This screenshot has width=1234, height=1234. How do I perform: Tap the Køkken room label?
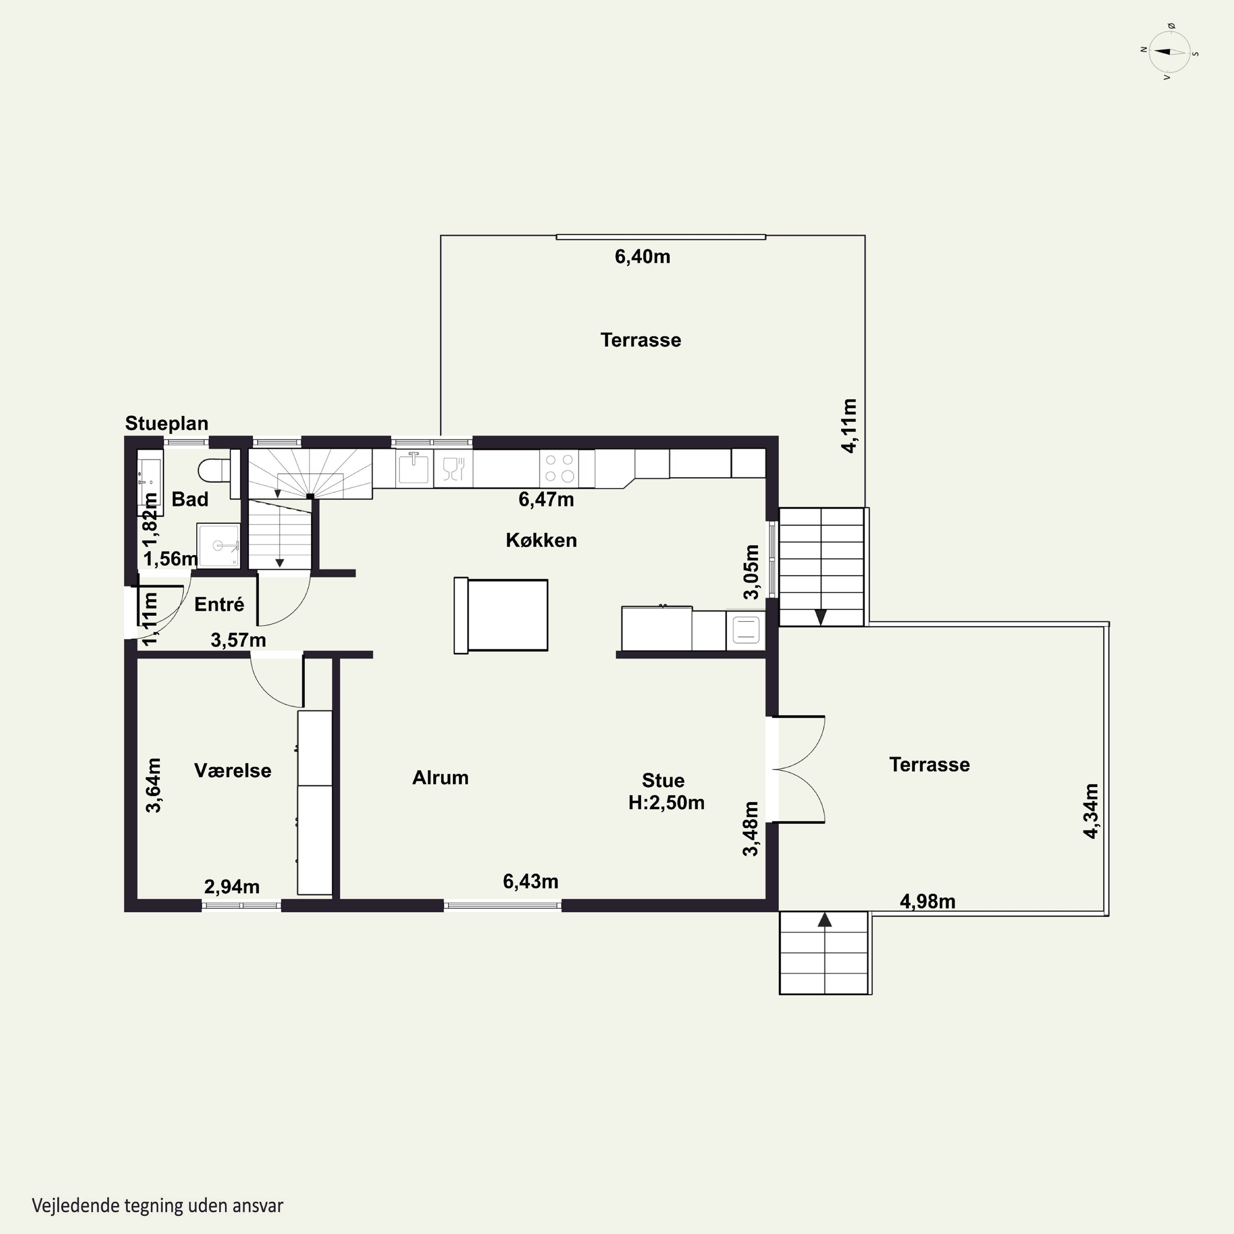(541, 540)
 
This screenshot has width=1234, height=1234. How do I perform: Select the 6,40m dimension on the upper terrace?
(643, 257)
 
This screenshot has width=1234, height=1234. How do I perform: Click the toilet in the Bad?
(214, 470)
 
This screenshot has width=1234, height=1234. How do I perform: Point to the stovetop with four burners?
(559, 468)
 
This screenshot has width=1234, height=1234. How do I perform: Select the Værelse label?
(232, 770)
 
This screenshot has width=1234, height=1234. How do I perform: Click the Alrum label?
(440, 777)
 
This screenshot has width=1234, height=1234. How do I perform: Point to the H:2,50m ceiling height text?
(666, 803)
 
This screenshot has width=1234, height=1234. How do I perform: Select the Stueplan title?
(167, 424)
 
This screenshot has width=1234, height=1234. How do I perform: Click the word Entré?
(219, 604)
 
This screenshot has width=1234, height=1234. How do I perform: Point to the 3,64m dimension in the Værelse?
(153, 785)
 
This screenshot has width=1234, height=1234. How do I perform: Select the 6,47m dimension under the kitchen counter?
(546, 499)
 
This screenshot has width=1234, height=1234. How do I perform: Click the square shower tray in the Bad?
(218, 545)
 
